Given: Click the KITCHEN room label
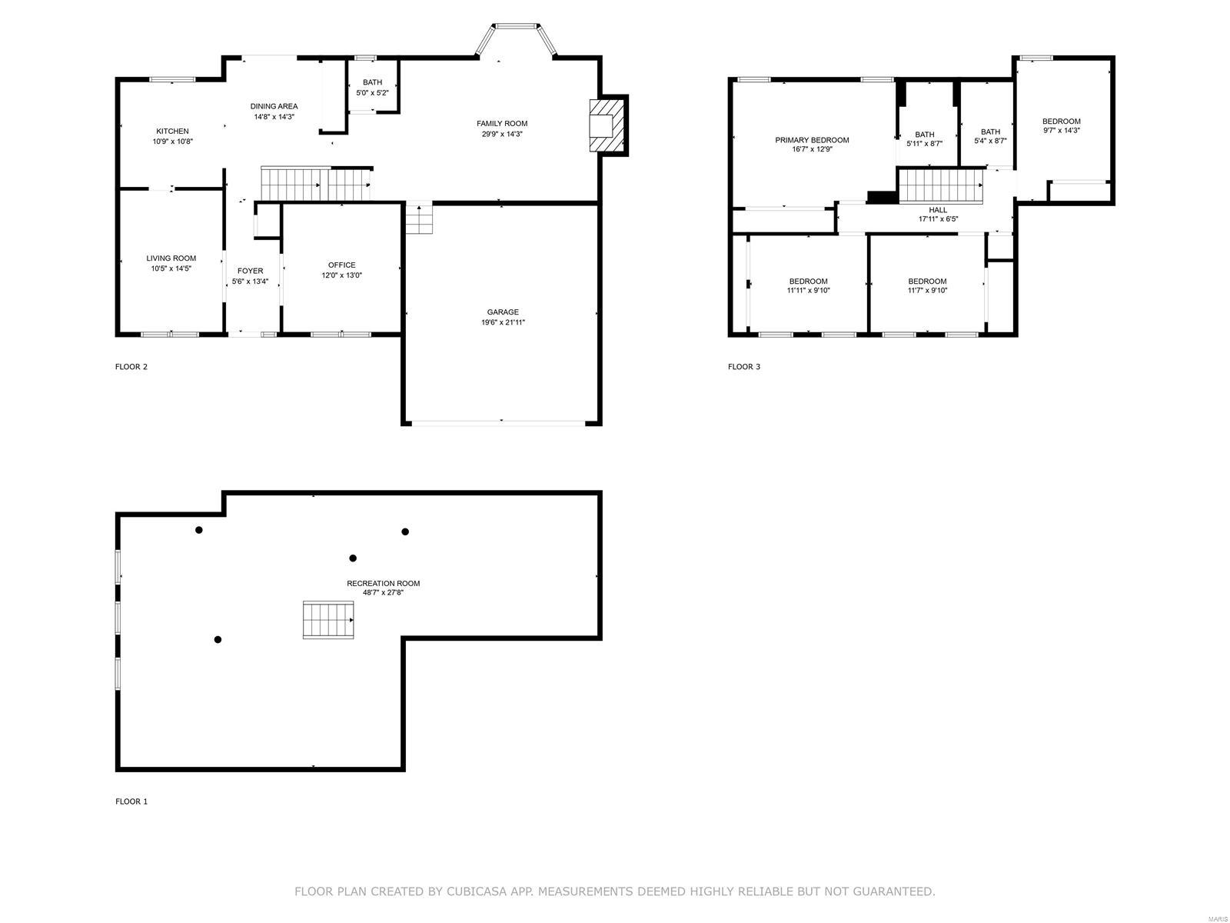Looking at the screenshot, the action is click(172, 131).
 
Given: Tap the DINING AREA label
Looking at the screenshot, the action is click(274, 106).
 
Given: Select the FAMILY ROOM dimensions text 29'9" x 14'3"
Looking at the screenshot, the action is click(502, 134).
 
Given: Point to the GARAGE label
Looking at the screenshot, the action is click(503, 312).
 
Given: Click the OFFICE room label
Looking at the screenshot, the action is click(342, 265).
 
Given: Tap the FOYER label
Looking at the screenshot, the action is click(250, 272).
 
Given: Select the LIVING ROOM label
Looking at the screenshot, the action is click(171, 258).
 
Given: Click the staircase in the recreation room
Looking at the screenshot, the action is click(328, 620).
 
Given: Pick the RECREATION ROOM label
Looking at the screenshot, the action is click(384, 583).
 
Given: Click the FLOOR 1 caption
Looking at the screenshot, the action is click(131, 801).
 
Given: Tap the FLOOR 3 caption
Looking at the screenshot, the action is click(744, 367).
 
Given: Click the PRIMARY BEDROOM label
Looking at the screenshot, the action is click(812, 140).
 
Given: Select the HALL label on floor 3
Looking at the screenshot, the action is click(938, 210).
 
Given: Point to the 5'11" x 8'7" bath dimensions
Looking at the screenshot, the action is click(925, 144).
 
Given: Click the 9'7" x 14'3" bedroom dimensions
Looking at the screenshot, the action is click(1062, 130).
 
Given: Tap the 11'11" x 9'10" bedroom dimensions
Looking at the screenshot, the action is click(808, 290).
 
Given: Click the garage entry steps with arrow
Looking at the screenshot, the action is click(419, 219).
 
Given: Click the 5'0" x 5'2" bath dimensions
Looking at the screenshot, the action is click(372, 93).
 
